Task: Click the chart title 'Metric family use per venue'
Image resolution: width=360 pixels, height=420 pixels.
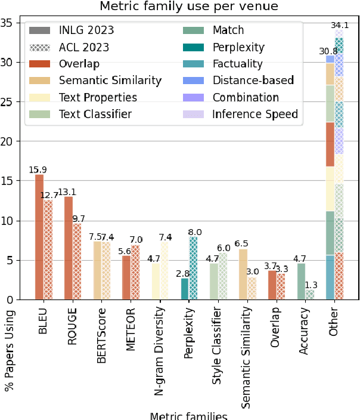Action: coord(188,7)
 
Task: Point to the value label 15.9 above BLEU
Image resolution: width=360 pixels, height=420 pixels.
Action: coord(39,170)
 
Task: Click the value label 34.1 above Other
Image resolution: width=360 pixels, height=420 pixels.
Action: coord(341,25)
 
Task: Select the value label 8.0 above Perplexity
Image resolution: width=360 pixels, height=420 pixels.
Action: coord(195,232)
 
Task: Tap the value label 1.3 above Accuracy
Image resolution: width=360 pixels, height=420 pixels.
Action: coord(311,285)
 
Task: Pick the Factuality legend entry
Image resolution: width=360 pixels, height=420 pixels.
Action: coord(237,63)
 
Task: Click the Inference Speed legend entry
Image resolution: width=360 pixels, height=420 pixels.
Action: coord(255,113)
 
